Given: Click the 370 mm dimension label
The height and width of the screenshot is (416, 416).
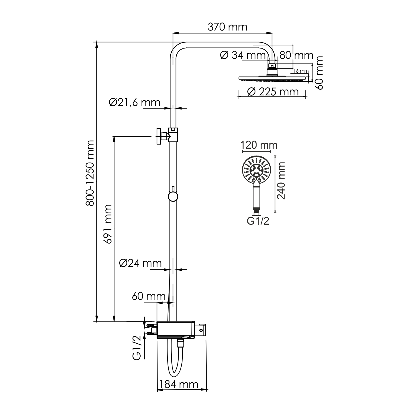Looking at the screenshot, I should click(227, 27).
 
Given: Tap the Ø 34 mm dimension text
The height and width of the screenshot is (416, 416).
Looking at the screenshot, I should click(243, 55).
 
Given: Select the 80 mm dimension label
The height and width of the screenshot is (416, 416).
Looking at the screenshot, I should click(296, 55).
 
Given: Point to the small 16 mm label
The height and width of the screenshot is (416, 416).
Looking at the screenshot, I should click(301, 71).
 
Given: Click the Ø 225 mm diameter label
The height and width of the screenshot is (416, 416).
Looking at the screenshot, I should click(272, 92).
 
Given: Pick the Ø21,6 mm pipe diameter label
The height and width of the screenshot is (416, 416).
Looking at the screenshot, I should click(135, 102).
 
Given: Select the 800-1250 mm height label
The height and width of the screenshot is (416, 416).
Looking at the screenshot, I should click(90, 173).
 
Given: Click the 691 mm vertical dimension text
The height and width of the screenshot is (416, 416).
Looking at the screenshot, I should click(107, 224).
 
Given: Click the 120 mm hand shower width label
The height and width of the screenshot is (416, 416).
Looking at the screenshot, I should click(258, 145).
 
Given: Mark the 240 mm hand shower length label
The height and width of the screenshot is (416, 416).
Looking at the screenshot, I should click(281, 181).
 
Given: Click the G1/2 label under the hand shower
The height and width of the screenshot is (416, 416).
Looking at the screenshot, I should click(258, 221).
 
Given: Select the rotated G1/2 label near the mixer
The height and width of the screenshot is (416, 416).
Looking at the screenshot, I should click(137, 348).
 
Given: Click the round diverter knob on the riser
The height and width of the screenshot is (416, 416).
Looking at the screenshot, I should click(173, 196).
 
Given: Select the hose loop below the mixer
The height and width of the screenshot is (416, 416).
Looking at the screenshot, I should click(175, 361).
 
